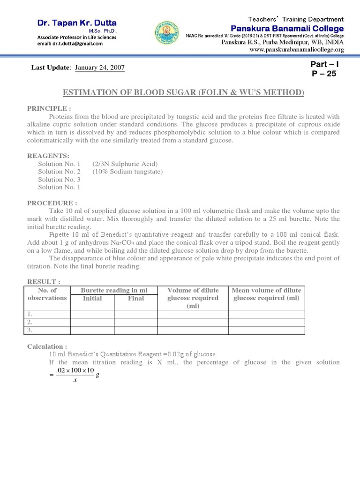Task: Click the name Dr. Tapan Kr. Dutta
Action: pos(77,23)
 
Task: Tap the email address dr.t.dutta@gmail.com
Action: pos(70,44)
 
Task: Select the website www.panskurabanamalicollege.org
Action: pos(297,49)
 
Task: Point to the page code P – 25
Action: pos(324,74)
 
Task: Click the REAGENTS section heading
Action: pos(48,155)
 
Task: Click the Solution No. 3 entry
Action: pos(59,180)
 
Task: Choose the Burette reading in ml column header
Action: pos(114,291)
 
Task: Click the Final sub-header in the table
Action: pos(136,298)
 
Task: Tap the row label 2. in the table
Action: pos(30,322)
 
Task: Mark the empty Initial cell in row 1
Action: pos(92,314)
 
